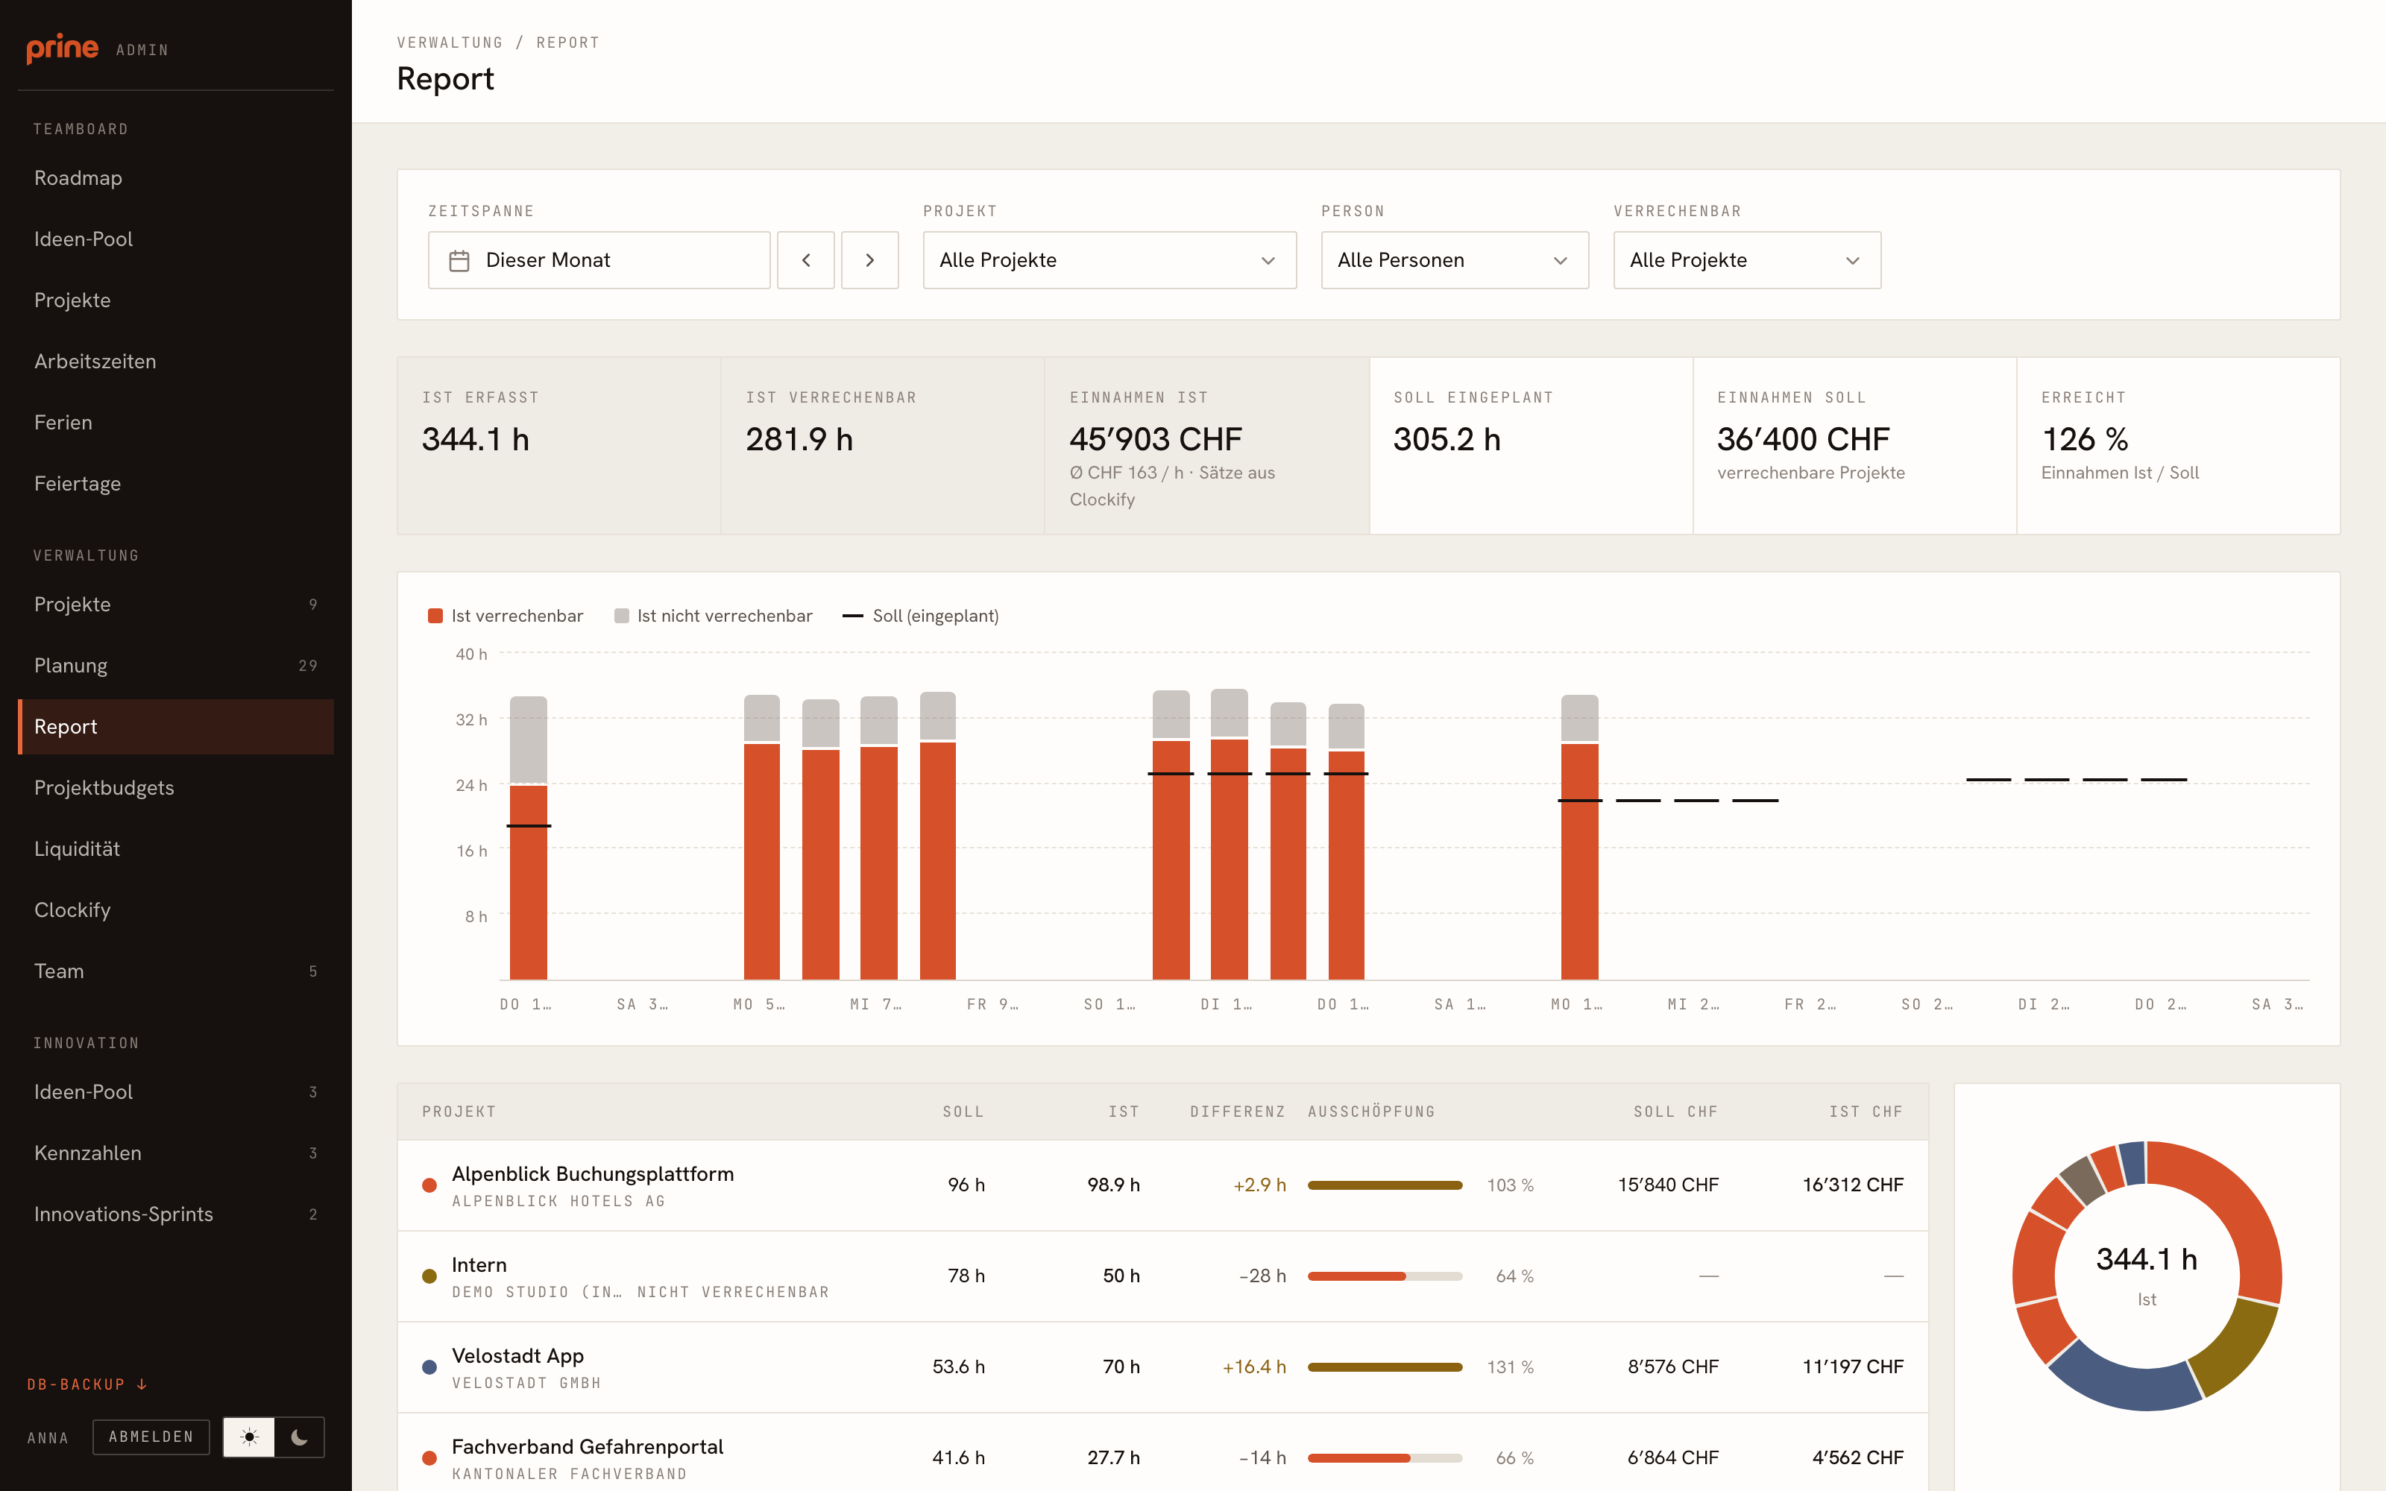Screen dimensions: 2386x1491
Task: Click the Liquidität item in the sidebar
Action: [x=77, y=848]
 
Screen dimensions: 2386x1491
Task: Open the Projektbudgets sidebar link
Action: [x=104, y=787]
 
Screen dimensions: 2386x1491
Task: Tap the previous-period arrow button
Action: [x=805, y=260]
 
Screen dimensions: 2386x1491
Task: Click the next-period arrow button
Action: [x=869, y=260]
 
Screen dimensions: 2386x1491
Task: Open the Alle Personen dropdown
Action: [x=1454, y=260]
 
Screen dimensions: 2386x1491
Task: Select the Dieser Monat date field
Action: [x=599, y=260]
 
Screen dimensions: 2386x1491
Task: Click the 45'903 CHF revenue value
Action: [x=1156, y=439]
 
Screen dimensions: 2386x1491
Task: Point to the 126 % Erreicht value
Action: [x=2084, y=439]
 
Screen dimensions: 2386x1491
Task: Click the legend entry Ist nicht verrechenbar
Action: [x=713, y=615]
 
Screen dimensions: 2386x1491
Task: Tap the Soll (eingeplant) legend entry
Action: [x=920, y=615]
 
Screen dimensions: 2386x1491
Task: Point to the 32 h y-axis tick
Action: [x=471, y=720]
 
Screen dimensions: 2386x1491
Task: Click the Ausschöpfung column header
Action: [x=1370, y=1112]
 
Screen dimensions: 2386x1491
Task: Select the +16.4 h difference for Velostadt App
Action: [x=1254, y=1367]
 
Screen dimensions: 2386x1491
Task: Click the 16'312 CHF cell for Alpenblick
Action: [x=1853, y=1185]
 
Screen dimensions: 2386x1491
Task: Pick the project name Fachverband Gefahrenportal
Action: [x=588, y=1446]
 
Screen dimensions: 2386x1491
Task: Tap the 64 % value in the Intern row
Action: [x=1514, y=1276]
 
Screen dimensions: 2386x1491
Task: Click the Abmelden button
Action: [x=151, y=1437]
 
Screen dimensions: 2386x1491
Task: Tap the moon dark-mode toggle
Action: [x=299, y=1437]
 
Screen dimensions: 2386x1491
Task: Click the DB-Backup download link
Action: [x=86, y=1384]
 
